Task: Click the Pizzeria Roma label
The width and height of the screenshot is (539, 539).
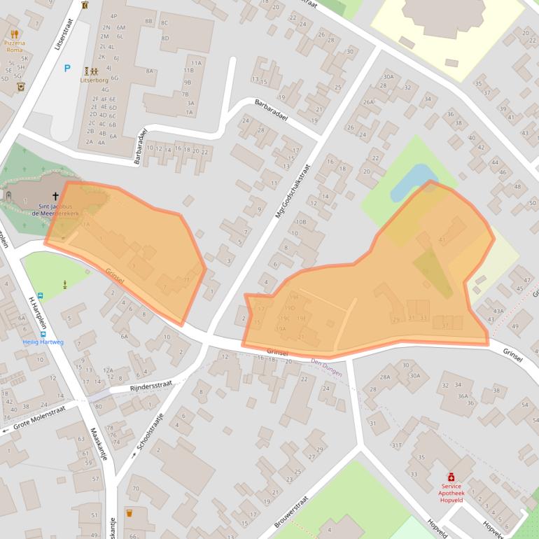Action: (x=15, y=45)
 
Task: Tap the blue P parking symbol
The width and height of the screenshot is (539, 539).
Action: (x=67, y=68)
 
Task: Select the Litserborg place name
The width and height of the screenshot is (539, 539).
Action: (x=94, y=80)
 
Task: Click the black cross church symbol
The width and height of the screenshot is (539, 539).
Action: (x=56, y=197)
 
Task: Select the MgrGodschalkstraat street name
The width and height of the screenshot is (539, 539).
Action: (x=292, y=190)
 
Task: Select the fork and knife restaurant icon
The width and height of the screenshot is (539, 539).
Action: (x=14, y=33)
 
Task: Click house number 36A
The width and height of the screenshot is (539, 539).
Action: (x=463, y=395)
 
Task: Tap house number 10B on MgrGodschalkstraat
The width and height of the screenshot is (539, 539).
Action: (x=300, y=222)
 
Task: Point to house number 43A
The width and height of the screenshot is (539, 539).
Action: (x=498, y=311)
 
